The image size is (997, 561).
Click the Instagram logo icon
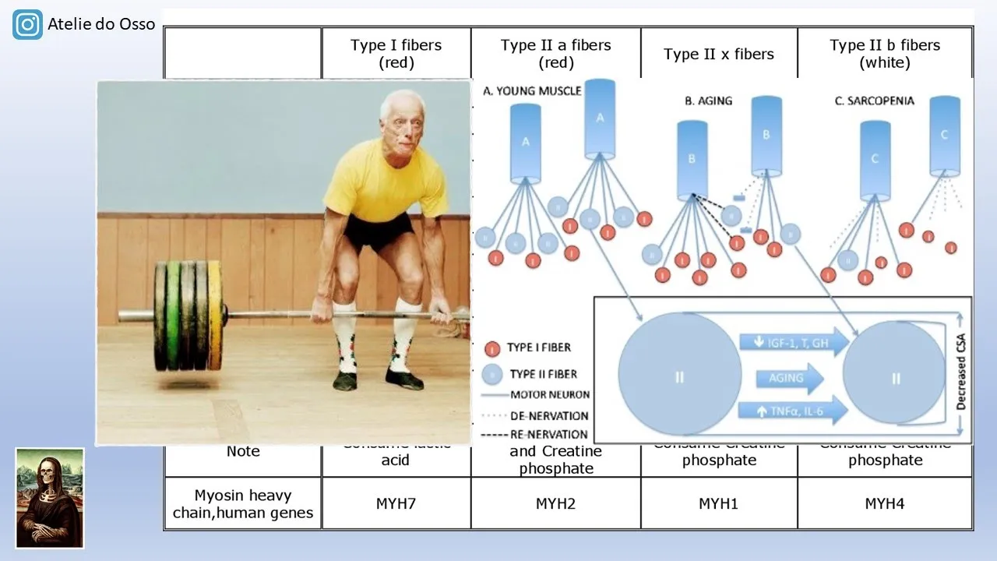(28, 25)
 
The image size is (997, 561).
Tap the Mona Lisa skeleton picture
(50, 497)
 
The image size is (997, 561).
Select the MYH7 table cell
(396, 503)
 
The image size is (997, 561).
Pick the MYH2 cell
(555, 503)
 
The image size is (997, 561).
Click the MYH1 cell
(718, 503)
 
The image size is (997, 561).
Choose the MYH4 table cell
(885, 503)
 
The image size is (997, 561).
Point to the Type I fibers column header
(396, 53)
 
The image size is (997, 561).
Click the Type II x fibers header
(718, 54)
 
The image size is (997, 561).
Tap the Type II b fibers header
(885, 53)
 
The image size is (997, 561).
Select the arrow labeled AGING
(788, 378)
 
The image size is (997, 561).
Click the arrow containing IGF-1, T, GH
(791, 343)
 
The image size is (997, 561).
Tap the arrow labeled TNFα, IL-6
(791, 410)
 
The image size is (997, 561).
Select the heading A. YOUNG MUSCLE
(532, 91)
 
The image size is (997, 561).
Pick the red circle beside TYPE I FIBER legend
(491, 348)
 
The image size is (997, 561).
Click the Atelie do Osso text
(101, 24)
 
